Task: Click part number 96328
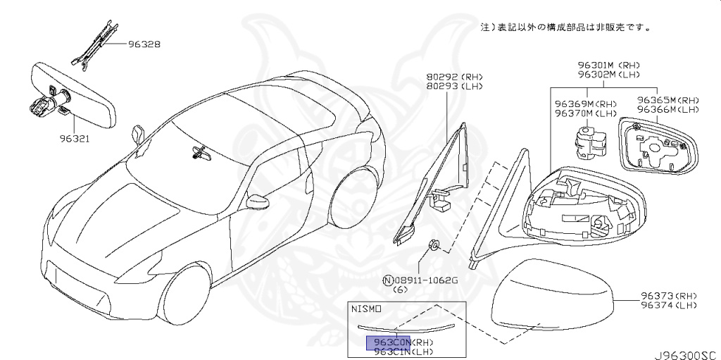(144, 44)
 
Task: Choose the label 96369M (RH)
(585, 103)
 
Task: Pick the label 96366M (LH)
(668, 111)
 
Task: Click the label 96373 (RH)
(668, 295)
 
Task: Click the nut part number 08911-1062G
(425, 280)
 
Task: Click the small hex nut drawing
(434, 245)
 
